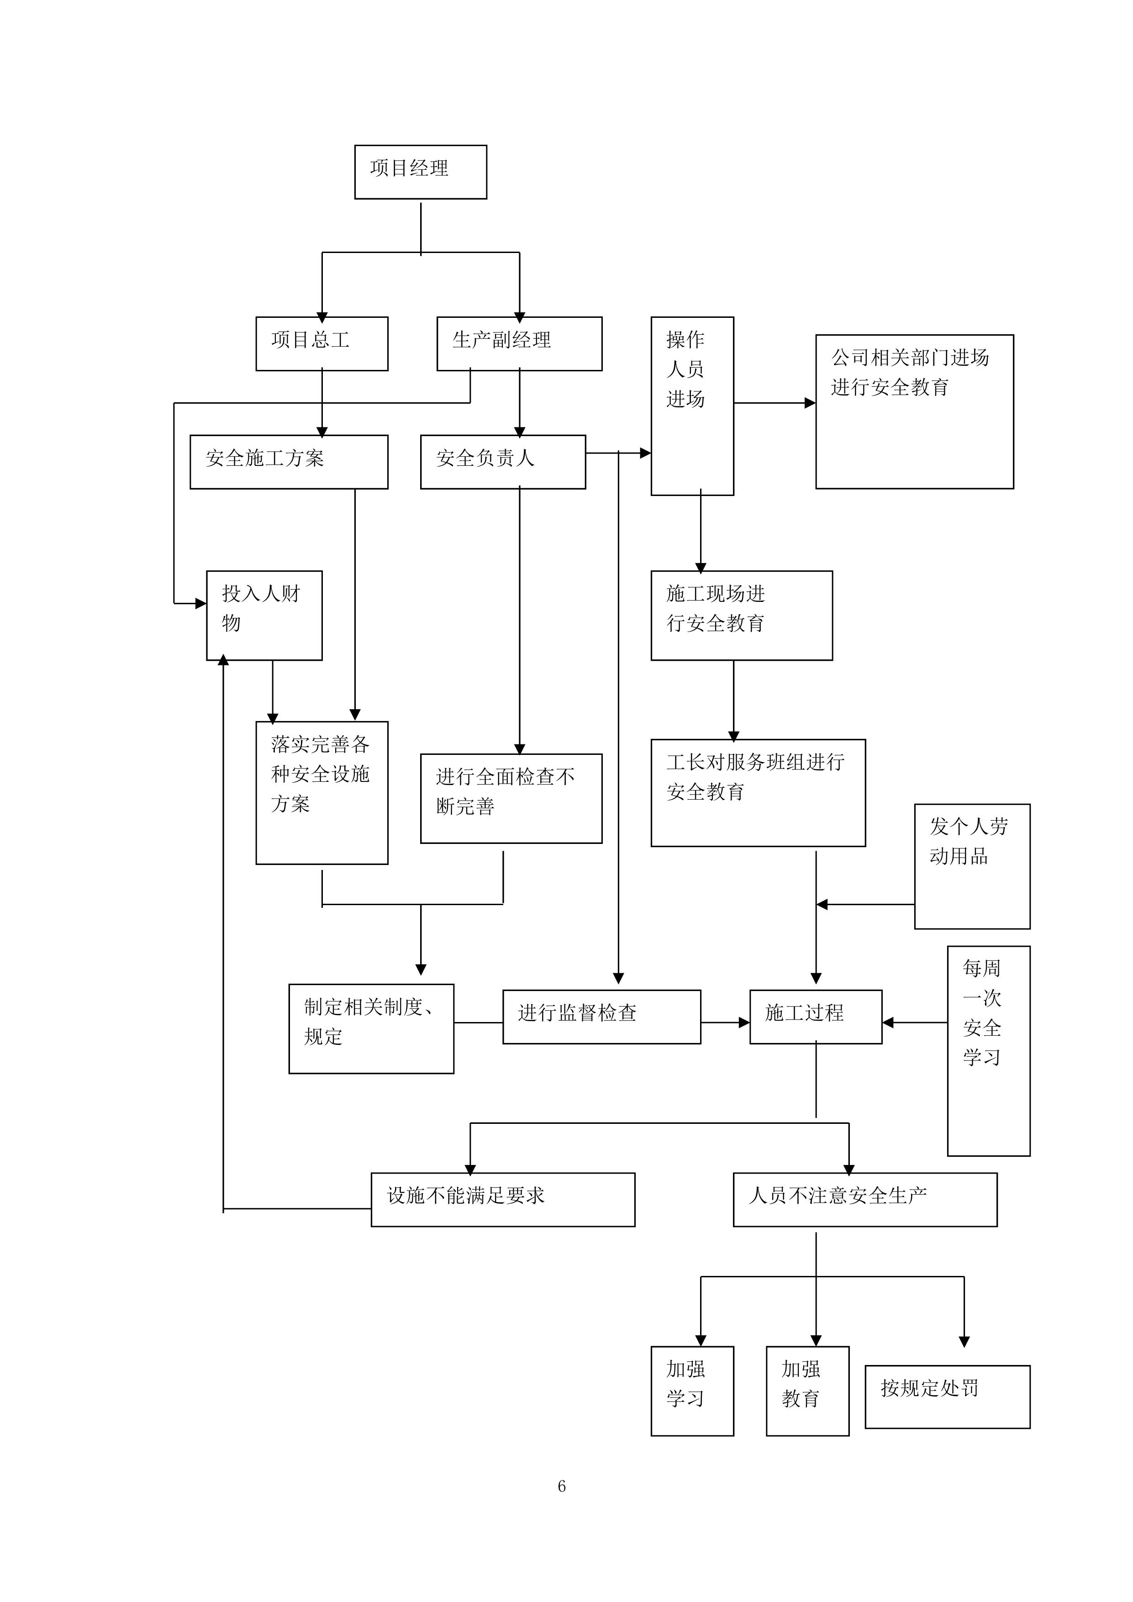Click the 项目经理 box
click(420, 172)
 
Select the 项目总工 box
click(321, 343)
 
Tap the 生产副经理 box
click(519, 343)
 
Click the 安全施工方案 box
click(289, 461)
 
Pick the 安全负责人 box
click(502, 461)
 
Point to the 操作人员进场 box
click(691, 406)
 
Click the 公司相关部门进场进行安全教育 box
click(914, 411)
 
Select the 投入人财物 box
click(263, 615)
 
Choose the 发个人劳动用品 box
click(972, 865)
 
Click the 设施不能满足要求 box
click(502, 1199)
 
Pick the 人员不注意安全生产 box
click(864, 1199)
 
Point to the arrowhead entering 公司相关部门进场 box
click(810, 403)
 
